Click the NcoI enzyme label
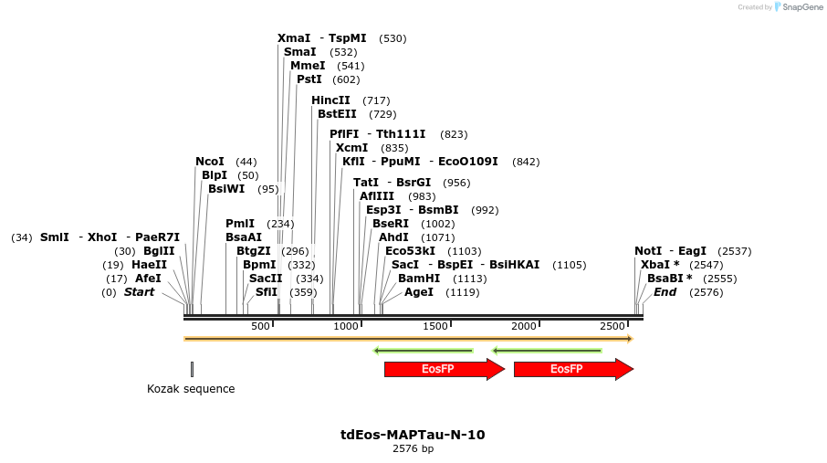coord(209,162)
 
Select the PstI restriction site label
coord(309,79)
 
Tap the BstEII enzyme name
coord(337,114)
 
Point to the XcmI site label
coord(351,148)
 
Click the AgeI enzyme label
coord(418,292)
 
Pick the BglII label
coord(159,251)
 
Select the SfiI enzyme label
coord(266,292)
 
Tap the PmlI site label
coord(239,224)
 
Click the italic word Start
coord(139,292)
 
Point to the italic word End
coord(665,292)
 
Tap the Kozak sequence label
coord(191,389)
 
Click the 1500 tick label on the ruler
coord(435,326)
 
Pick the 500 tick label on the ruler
coord(260,326)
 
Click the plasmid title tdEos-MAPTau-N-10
coord(413,435)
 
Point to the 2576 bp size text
coord(413,448)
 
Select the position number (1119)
coord(462,292)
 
